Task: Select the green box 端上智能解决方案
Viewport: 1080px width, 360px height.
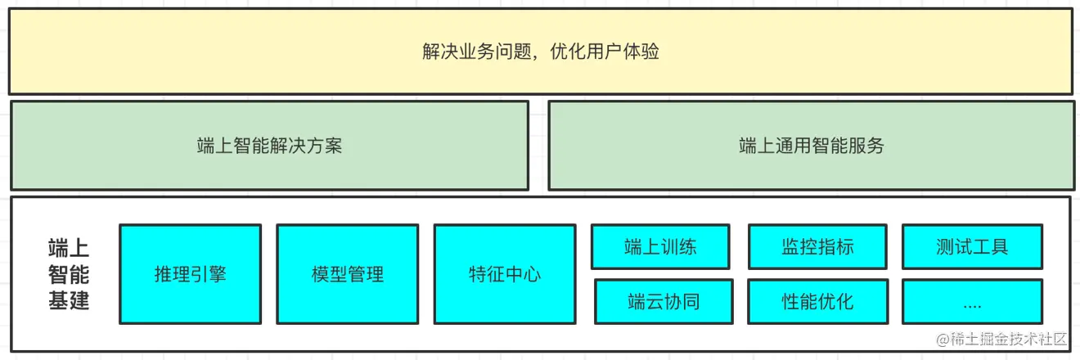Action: tap(269, 146)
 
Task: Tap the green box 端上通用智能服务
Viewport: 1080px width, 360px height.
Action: tap(811, 146)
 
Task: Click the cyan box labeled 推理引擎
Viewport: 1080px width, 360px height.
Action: tap(190, 274)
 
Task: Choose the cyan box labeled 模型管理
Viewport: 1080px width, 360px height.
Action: tap(347, 274)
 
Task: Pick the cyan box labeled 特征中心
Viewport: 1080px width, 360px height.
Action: tap(504, 274)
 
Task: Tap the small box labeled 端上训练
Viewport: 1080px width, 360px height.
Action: tap(660, 246)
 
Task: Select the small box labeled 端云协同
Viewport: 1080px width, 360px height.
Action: tap(664, 301)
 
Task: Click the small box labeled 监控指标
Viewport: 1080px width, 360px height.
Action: tap(817, 246)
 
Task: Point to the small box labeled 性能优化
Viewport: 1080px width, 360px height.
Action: tap(817, 301)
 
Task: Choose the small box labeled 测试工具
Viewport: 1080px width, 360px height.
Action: tap(972, 246)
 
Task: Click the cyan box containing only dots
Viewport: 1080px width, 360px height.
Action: tap(972, 301)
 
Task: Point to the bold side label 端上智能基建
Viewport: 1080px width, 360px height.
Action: tap(69, 274)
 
